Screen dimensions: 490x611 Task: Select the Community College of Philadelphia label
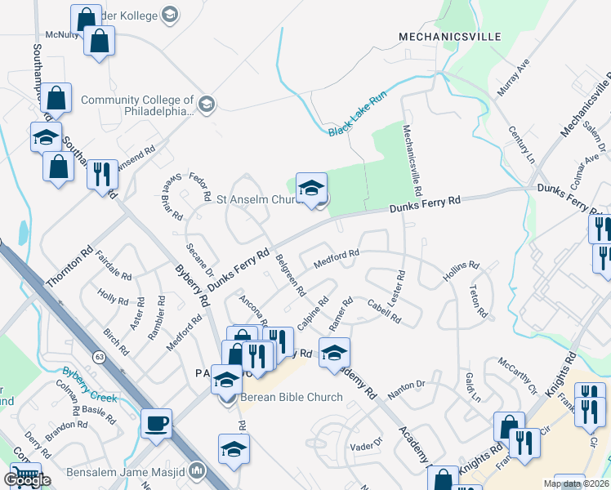point(137,106)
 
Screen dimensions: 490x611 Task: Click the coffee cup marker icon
point(156,423)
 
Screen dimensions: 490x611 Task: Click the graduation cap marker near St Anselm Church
point(311,189)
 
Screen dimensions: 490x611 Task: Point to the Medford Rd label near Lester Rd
point(337,259)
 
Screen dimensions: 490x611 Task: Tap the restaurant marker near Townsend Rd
point(102,175)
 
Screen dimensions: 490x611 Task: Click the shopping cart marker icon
point(25,476)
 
